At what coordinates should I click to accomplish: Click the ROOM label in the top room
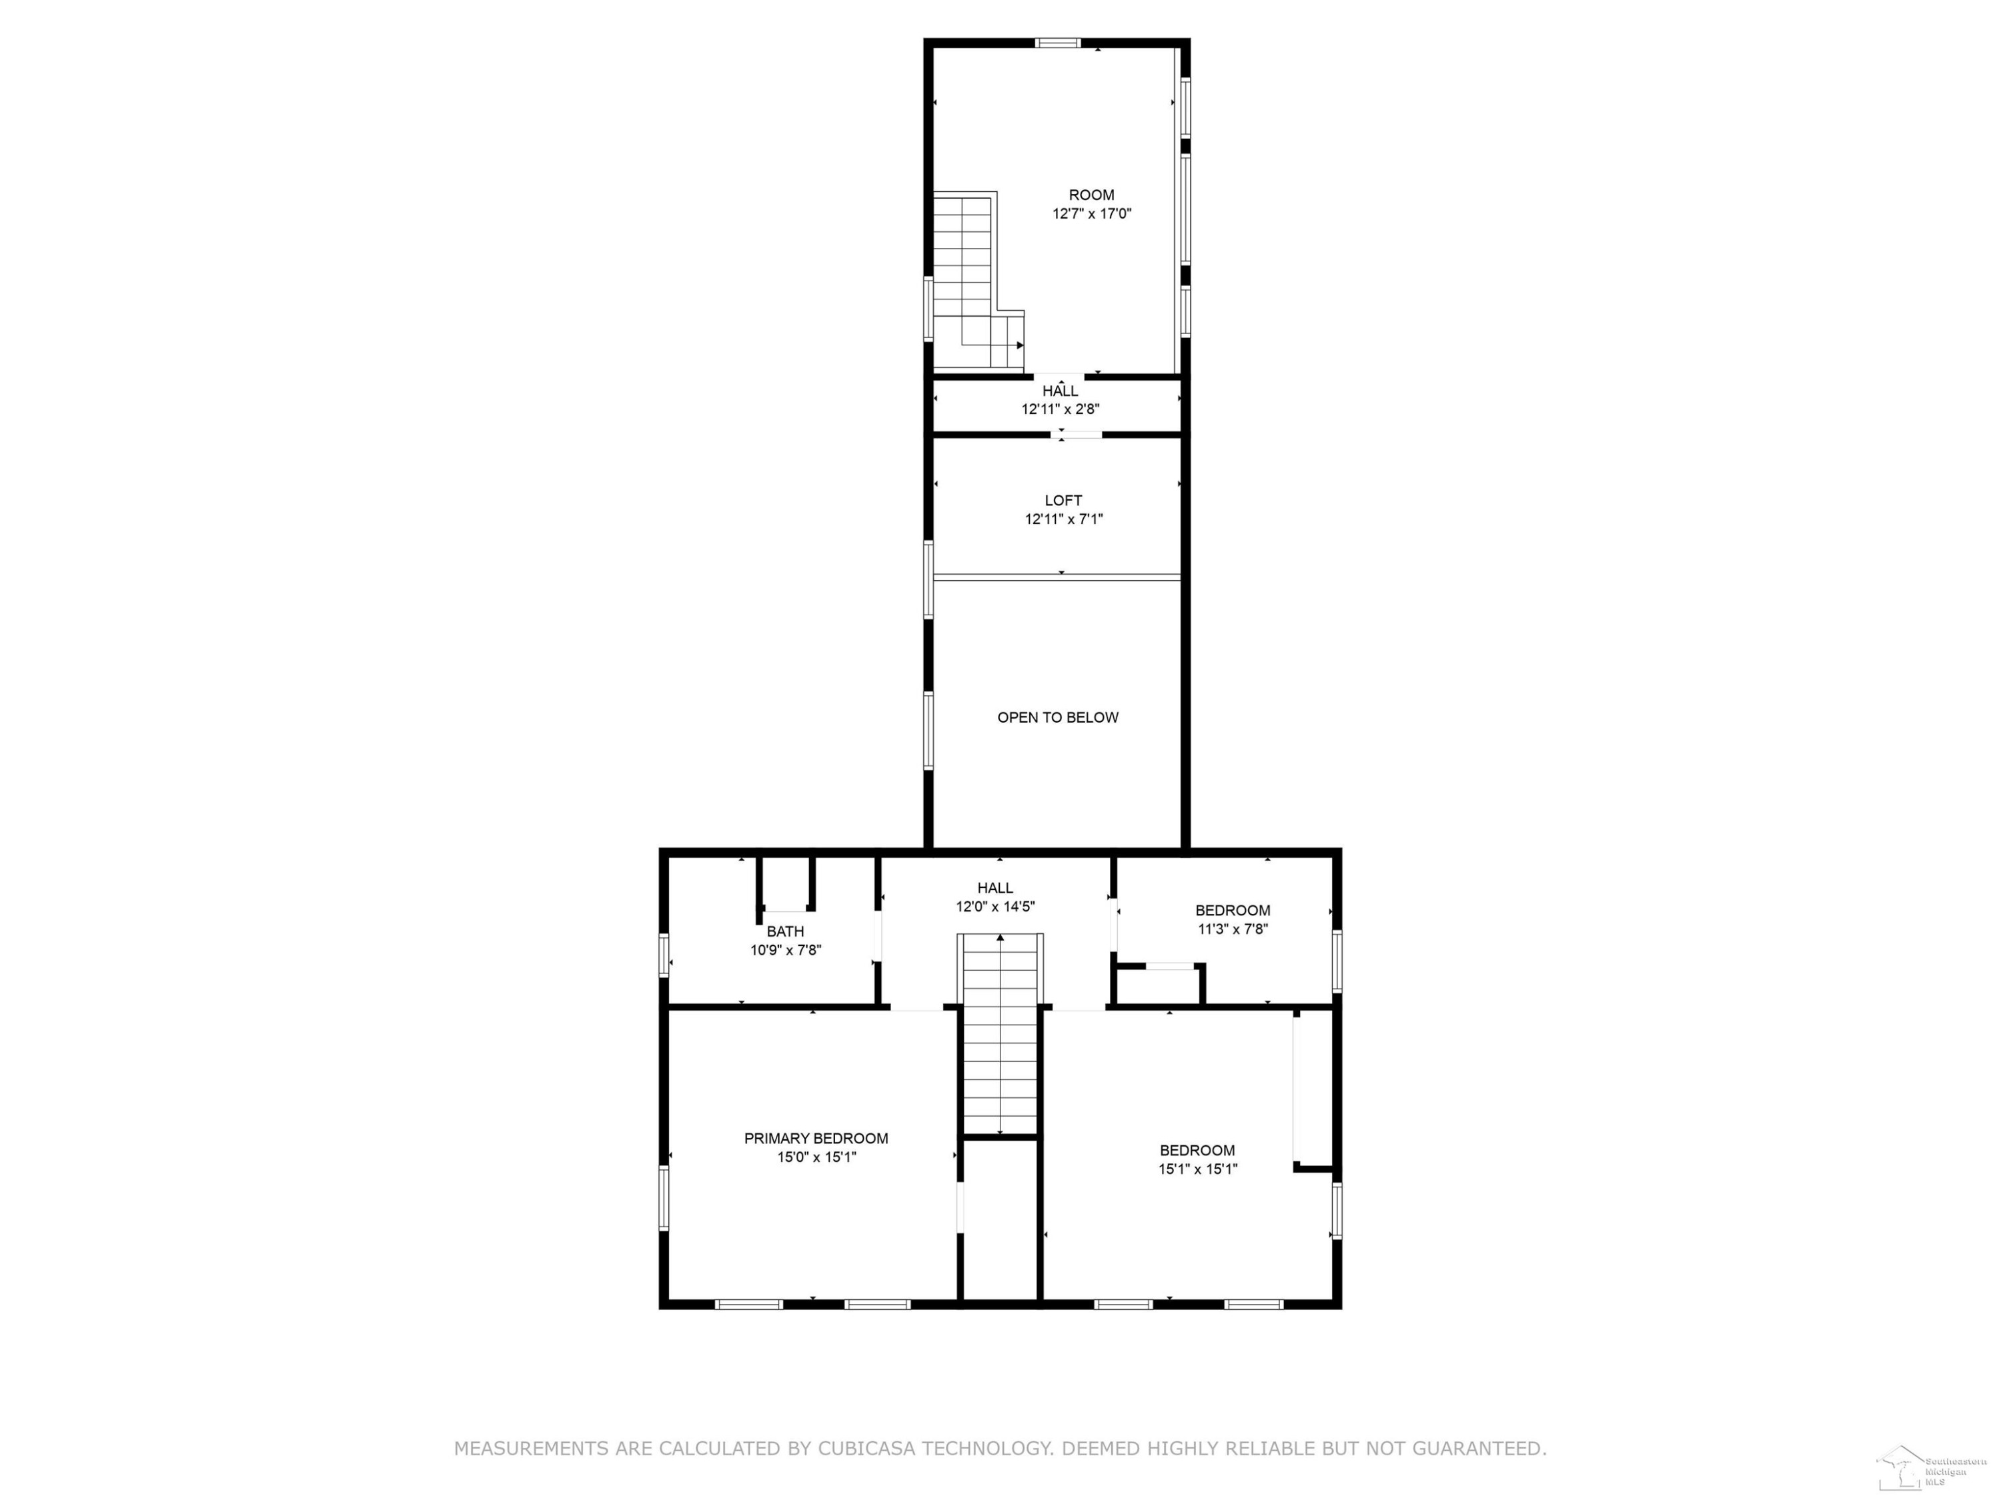(1091, 195)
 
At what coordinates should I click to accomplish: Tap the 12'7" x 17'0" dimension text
(1091, 213)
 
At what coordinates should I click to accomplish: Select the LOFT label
(1063, 500)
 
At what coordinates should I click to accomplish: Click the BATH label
(785, 931)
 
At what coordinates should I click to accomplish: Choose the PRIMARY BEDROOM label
(816, 1139)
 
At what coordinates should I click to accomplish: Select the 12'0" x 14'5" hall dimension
(995, 906)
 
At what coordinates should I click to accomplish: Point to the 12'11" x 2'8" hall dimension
(1061, 409)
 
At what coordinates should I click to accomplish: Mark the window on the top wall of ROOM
(1057, 43)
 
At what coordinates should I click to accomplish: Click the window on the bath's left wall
(663, 955)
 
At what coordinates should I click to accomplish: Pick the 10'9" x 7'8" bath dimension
(785, 949)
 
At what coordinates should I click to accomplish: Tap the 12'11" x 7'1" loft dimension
(1063, 519)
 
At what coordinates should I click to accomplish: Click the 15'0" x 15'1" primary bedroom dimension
(816, 1157)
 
